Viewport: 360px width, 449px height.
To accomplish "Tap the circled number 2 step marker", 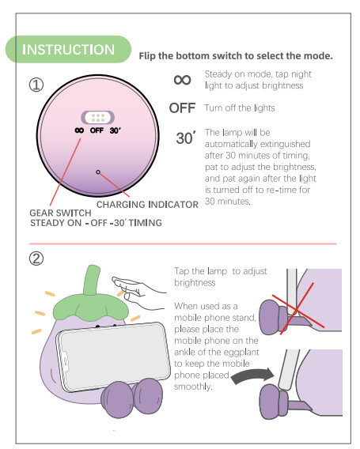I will pos(36,258).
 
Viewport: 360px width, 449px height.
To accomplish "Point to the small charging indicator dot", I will pos(97,171).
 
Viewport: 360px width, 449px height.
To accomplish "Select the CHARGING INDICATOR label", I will pos(147,205).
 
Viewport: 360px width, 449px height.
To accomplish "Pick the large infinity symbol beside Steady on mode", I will pos(182,80).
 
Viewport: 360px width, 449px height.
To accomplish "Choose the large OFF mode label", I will pos(182,108).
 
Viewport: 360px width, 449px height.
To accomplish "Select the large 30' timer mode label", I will pos(184,138).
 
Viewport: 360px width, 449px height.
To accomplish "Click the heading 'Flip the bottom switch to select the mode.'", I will pos(235,56).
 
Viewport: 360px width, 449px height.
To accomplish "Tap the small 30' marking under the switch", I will pos(116,130).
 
